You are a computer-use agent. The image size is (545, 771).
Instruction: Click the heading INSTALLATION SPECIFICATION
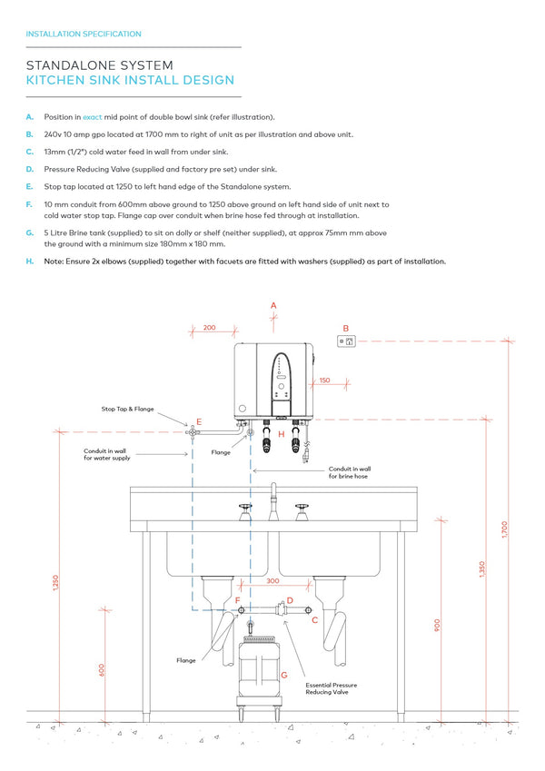coord(84,35)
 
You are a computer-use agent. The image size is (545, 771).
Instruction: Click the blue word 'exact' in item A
coord(93,117)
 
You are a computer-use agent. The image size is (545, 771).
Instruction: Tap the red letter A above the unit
coord(273,307)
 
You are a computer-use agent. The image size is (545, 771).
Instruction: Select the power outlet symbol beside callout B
coord(345,341)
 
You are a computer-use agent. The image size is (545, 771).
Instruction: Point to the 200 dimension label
coord(210,327)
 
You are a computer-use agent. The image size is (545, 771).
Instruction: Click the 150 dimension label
coord(324,381)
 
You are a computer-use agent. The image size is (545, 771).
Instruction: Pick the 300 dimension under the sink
coord(272,580)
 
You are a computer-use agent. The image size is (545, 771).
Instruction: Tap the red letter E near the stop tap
coord(199,422)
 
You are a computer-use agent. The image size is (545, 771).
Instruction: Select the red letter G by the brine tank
coord(284,675)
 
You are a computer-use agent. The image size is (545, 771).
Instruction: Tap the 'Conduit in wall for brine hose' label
coord(349,472)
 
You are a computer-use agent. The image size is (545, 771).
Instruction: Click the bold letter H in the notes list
coord(30,262)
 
